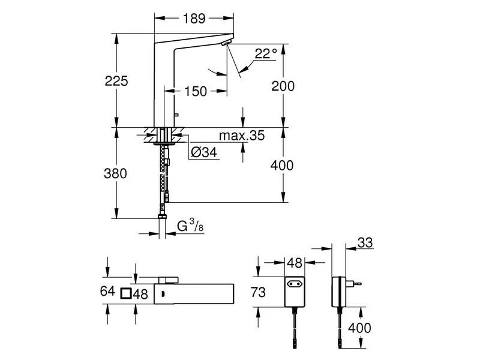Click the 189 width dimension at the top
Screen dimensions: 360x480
193,20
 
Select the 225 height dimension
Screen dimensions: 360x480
117,80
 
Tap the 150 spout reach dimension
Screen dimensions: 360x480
196,91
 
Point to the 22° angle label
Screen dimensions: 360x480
265,54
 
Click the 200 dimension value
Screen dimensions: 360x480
283,86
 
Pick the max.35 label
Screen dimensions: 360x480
241,136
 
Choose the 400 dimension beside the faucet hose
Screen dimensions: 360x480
282,166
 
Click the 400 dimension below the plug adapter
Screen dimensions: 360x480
359,328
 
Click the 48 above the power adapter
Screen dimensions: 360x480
294,263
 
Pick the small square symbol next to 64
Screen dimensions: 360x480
125,293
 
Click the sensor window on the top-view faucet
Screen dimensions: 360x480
161,293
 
